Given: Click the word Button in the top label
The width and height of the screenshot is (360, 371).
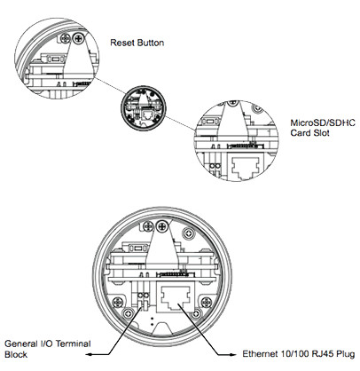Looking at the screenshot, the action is click(x=151, y=43).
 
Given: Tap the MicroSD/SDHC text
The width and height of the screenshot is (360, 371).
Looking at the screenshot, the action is click(x=323, y=122).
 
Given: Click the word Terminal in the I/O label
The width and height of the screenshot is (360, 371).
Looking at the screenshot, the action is click(x=74, y=343).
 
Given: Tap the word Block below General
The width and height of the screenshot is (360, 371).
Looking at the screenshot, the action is click(x=16, y=354).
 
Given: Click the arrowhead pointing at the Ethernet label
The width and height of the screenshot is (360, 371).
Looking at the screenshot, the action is click(x=233, y=354).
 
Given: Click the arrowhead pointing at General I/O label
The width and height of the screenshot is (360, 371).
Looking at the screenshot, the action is click(x=89, y=354).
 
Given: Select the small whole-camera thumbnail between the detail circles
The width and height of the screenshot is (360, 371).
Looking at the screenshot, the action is click(x=144, y=107).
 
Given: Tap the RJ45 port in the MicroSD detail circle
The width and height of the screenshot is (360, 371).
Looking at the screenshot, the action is click(x=246, y=168).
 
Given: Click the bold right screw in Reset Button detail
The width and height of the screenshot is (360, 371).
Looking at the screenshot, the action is click(x=78, y=38).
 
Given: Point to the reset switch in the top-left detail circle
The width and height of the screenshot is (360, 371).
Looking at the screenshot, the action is click(x=55, y=59).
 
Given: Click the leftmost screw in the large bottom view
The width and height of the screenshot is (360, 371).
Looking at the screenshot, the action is click(x=118, y=302).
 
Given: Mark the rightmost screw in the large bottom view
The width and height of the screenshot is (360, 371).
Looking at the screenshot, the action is click(x=207, y=302).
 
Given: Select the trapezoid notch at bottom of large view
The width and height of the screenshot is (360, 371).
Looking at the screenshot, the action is click(x=163, y=328).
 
